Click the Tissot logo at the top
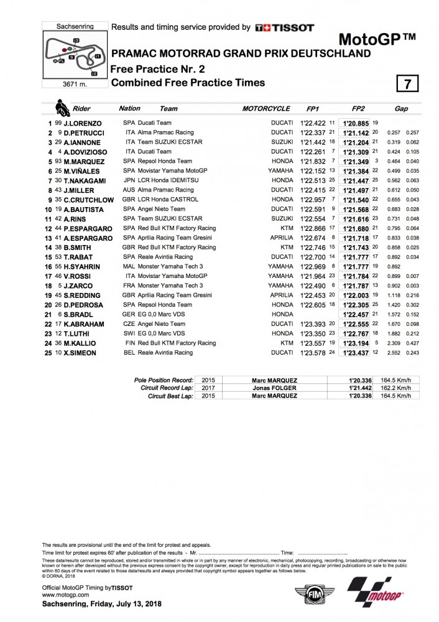285,27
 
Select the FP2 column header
358,109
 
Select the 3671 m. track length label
66,83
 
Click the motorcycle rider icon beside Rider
62,109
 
